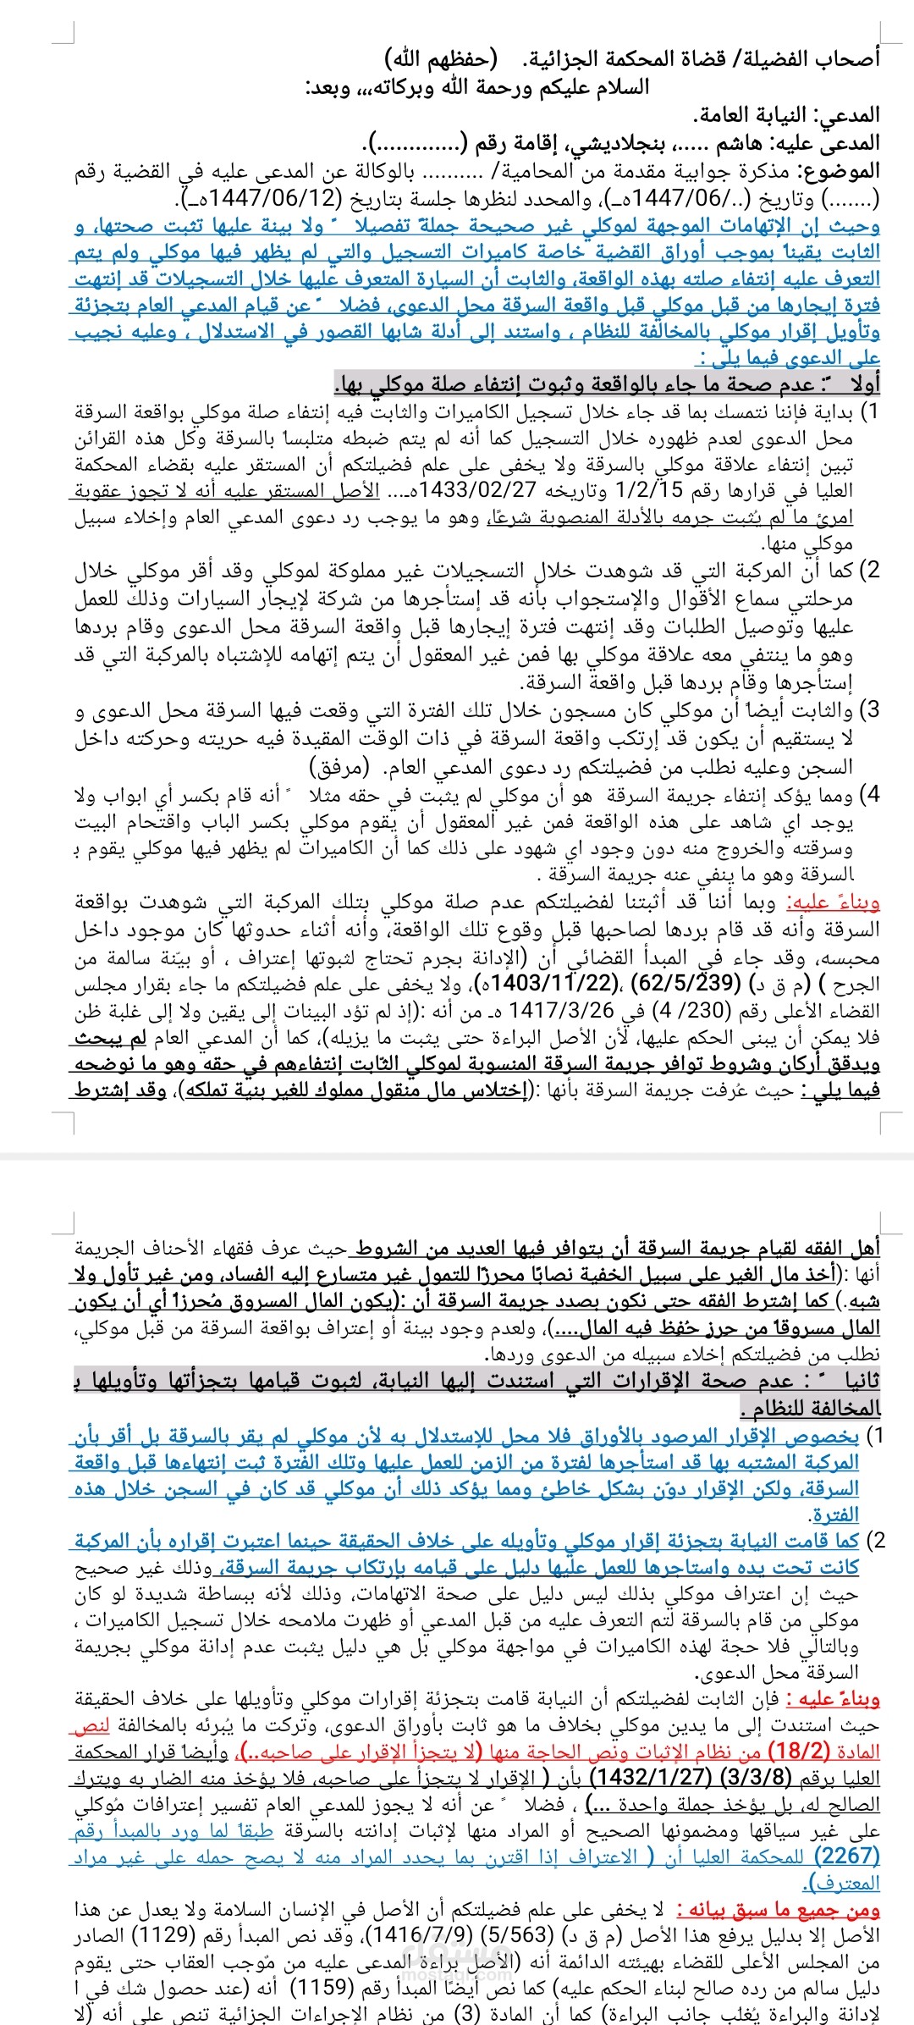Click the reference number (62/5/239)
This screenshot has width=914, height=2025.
click(x=685, y=984)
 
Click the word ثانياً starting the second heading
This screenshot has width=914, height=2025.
click(x=851, y=1381)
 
